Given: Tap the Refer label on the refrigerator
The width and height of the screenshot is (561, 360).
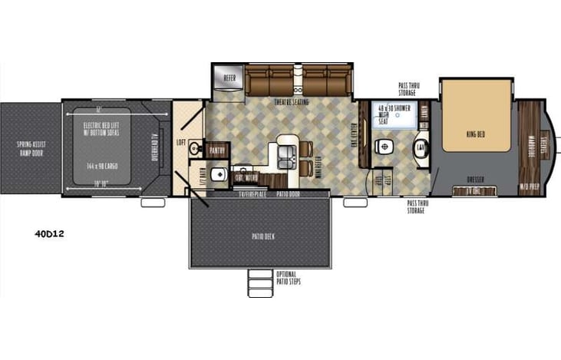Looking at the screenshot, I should (x=229, y=78).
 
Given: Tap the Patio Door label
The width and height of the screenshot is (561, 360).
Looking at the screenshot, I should (x=288, y=195).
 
